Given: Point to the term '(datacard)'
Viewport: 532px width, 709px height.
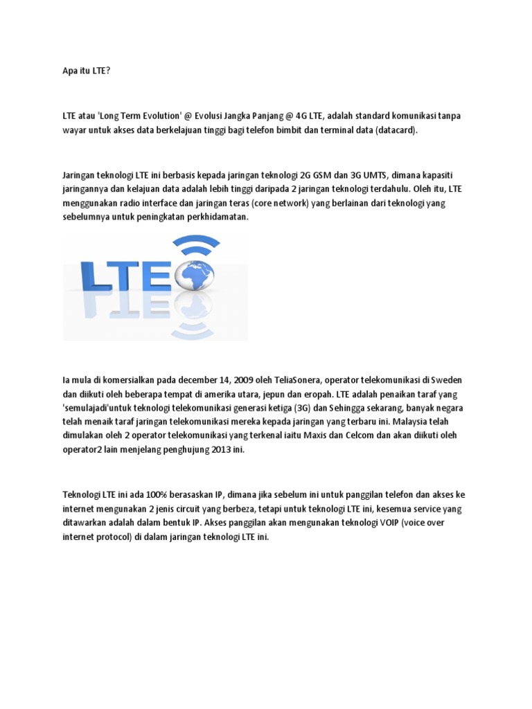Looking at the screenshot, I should [x=397, y=129].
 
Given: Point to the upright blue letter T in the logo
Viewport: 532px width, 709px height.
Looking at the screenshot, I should [x=129, y=276].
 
